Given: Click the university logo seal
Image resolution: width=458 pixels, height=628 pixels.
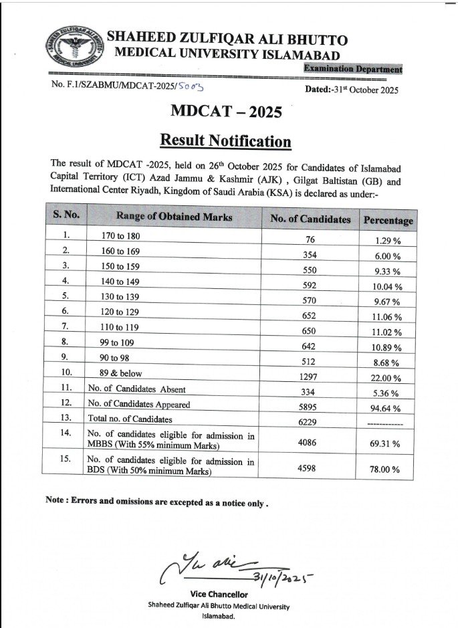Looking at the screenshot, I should (x=74, y=47).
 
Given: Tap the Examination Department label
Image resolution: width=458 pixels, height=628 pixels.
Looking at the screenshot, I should (x=353, y=69).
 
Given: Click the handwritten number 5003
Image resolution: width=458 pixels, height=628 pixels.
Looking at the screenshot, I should (x=191, y=87).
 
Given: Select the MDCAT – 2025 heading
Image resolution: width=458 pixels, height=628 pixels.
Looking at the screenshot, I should (x=226, y=112).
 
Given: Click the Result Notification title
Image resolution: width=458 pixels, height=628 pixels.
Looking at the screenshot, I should (x=225, y=141).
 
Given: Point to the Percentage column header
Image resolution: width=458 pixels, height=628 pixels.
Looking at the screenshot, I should (x=388, y=220).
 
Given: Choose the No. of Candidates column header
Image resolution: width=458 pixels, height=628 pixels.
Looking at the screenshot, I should (x=310, y=219).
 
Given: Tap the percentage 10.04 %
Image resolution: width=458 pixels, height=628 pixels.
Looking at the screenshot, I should (x=388, y=287).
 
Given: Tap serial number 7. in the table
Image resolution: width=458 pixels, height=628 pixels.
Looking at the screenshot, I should (x=66, y=326).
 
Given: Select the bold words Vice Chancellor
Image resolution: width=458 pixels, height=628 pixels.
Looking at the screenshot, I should (x=219, y=593).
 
